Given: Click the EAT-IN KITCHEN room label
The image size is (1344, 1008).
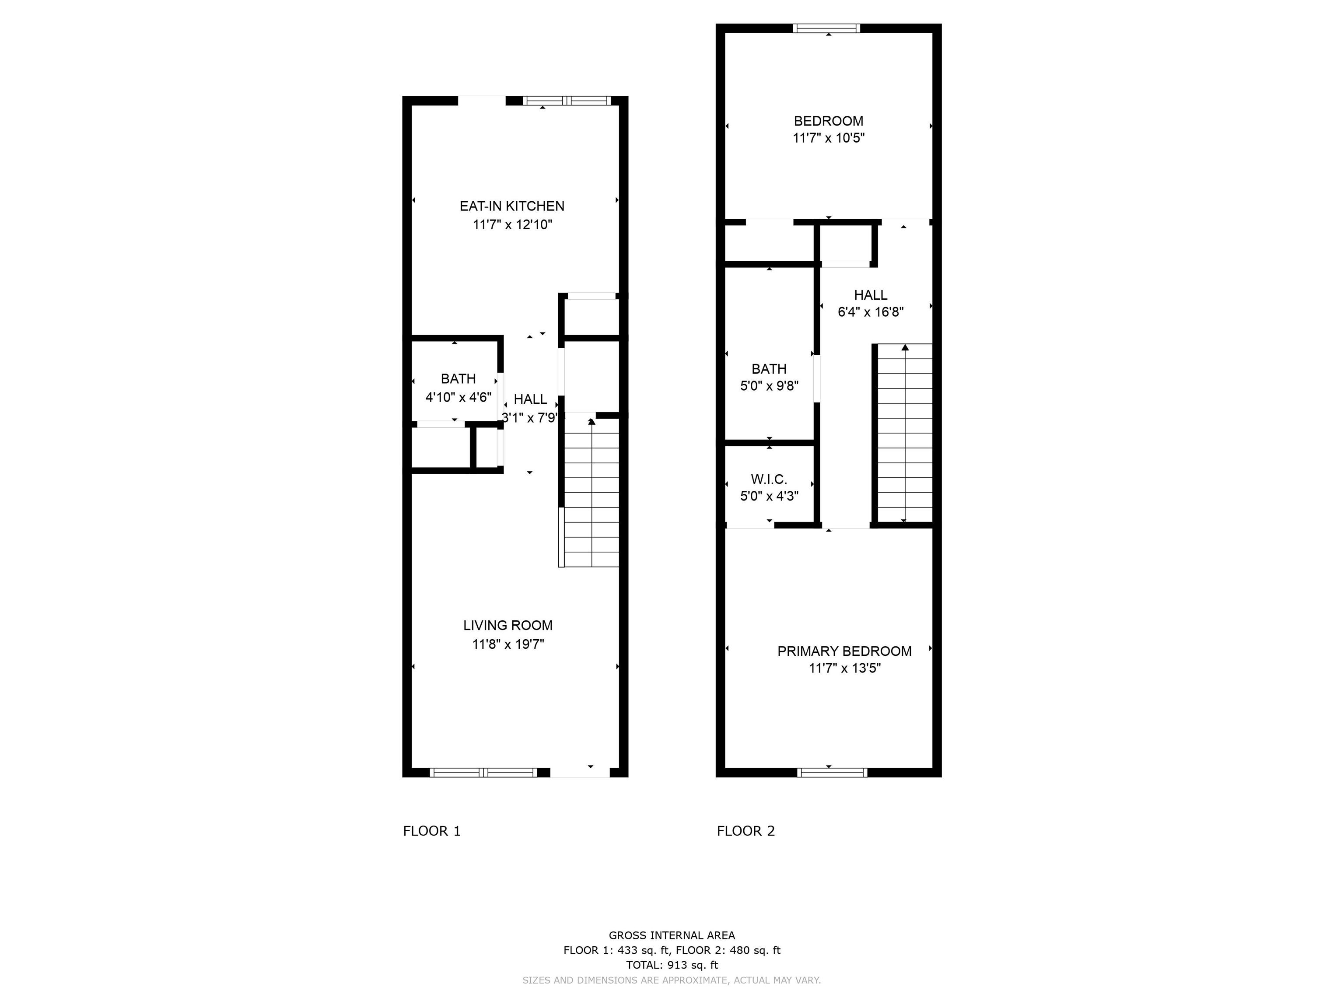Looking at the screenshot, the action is (x=511, y=206).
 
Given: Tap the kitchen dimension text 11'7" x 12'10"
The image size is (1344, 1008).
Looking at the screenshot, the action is (x=512, y=225).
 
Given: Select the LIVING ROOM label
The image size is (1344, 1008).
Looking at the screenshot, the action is (x=508, y=625).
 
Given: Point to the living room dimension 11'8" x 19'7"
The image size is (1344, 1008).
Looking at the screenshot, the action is (x=508, y=644).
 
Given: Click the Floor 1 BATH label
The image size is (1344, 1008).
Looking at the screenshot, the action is (x=458, y=378).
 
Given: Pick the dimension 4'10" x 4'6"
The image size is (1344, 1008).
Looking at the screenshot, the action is (x=458, y=397).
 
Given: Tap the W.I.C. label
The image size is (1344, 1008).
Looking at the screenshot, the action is (x=769, y=479).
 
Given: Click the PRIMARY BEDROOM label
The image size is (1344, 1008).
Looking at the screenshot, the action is (x=844, y=651).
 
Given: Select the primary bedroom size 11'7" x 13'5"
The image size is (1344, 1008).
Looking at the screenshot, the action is (x=844, y=668).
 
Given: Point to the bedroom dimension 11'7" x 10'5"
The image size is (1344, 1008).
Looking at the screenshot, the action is (x=828, y=138).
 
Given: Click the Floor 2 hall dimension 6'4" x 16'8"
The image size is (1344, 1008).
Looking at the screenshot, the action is (x=871, y=312).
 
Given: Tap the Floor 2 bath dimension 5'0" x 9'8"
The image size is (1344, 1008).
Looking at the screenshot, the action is (x=769, y=386).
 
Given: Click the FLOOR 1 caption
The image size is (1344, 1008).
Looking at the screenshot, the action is (x=432, y=831).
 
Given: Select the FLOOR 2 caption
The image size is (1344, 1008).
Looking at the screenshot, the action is (x=746, y=831).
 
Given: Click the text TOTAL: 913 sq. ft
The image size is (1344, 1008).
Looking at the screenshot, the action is (x=672, y=965).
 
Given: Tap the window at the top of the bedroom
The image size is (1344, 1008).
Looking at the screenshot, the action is (x=827, y=28).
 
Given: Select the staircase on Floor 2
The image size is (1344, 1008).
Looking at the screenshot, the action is (x=905, y=433).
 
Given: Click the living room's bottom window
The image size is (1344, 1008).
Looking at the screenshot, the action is (x=483, y=773).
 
